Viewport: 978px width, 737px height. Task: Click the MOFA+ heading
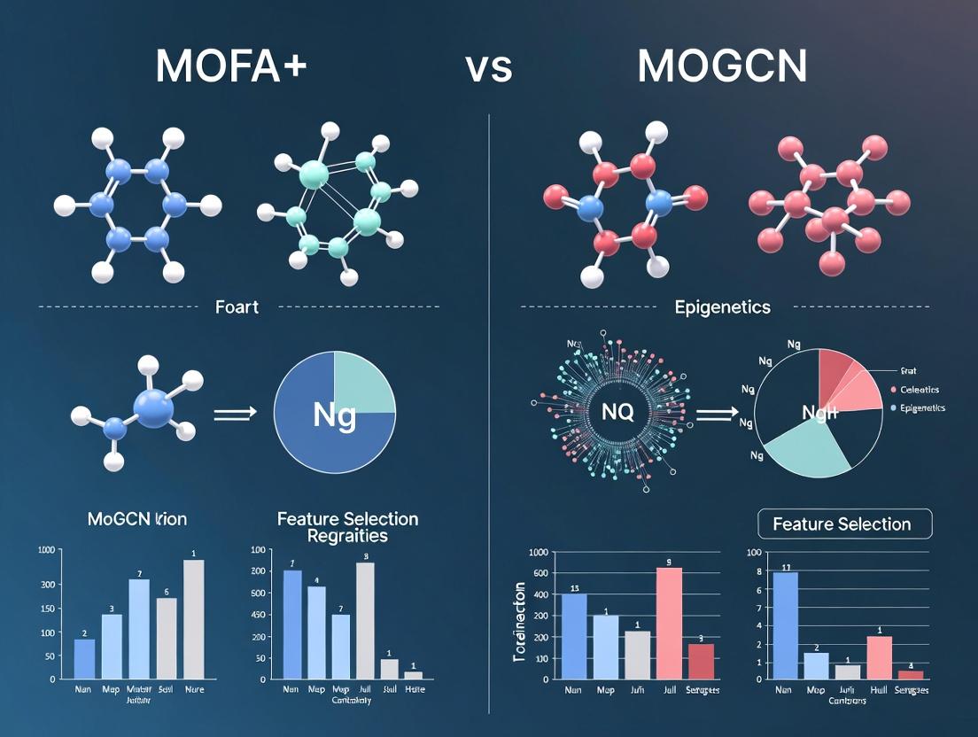point(231,66)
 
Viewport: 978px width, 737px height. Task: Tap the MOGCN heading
point(721,66)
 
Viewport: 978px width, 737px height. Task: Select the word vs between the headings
point(489,69)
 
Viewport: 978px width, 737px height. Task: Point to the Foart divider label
point(237,307)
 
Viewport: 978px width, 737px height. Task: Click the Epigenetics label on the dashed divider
point(723,307)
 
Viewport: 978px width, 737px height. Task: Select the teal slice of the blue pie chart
point(364,383)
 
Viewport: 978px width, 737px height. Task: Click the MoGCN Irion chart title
point(137,519)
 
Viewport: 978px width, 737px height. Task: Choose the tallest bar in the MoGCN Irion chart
point(193,618)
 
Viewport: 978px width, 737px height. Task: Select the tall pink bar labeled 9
point(669,624)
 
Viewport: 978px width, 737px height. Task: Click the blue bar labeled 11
point(785,625)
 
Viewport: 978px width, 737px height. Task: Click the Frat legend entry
point(908,372)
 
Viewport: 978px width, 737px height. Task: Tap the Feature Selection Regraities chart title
point(347,527)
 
